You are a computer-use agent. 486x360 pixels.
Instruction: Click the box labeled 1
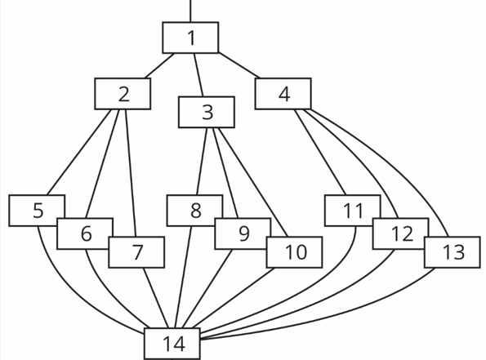(x=190, y=38)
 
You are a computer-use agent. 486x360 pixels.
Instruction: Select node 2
(x=123, y=94)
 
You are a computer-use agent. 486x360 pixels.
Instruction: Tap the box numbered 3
(x=207, y=112)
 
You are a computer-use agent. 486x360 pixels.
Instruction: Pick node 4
(x=283, y=94)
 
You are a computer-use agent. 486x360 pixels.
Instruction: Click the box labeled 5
(x=37, y=211)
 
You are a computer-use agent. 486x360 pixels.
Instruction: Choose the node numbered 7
(x=136, y=252)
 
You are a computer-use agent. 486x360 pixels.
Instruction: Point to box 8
(x=195, y=211)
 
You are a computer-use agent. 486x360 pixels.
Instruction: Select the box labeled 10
(x=294, y=252)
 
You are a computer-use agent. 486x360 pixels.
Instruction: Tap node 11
(x=353, y=211)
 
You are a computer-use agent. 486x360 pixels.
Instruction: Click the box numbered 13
(x=453, y=252)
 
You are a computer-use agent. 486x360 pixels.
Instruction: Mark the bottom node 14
(x=172, y=344)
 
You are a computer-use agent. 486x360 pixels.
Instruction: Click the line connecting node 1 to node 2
(x=159, y=65)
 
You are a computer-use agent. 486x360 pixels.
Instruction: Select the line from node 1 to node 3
(x=198, y=75)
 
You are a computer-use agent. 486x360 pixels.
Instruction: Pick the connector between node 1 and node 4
(x=239, y=65)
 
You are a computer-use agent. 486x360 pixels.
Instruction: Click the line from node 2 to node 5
(x=79, y=152)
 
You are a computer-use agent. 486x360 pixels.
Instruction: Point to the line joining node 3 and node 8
(x=202, y=162)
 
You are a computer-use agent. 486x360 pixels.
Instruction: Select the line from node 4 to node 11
(x=320, y=152)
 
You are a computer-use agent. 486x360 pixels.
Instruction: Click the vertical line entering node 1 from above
(x=190, y=11)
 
